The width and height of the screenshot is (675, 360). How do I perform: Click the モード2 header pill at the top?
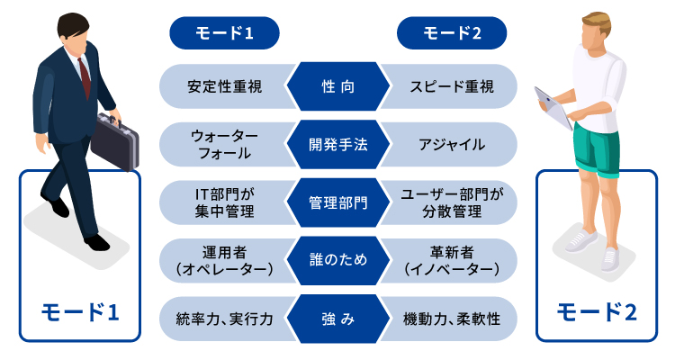coord(452,33)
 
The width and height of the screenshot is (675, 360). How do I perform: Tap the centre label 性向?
coord(337,87)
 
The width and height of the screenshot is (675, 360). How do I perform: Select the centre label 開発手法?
coord(337,144)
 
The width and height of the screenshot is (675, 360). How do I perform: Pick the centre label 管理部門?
coord(337,202)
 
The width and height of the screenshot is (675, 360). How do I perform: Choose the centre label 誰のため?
coord(337,260)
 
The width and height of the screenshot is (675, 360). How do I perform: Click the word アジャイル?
coord(452,144)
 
